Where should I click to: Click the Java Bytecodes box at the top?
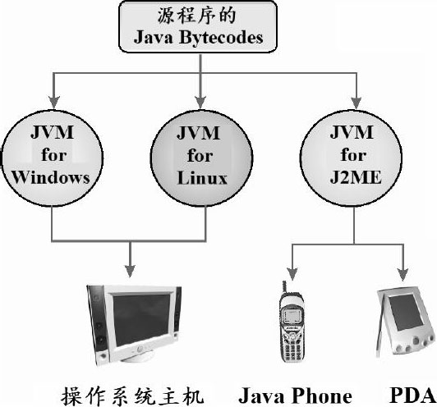[x=198, y=27]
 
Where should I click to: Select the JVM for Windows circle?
[x=52, y=158]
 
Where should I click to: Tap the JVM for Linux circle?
[x=202, y=158]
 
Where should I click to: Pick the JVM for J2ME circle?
[x=351, y=158]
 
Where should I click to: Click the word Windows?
[x=51, y=177]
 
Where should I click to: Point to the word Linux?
[x=202, y=178]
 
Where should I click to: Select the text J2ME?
[x=356, y=177]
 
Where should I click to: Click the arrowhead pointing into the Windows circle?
[x=53, y=103]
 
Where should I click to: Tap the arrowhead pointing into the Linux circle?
[x=200, y=103]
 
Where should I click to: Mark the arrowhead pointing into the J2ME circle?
[x=356, y=103]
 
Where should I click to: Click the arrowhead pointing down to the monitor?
[x=130, y=271]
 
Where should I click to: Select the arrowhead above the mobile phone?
[x=292, y=274]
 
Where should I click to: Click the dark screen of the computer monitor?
[x=142, y=319]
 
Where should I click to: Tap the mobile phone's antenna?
[x=284, y=286]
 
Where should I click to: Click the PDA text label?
[x=412, y=396]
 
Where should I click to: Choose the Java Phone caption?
[x=295, y=396]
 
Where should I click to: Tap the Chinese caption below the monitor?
[x=133, y=396]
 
